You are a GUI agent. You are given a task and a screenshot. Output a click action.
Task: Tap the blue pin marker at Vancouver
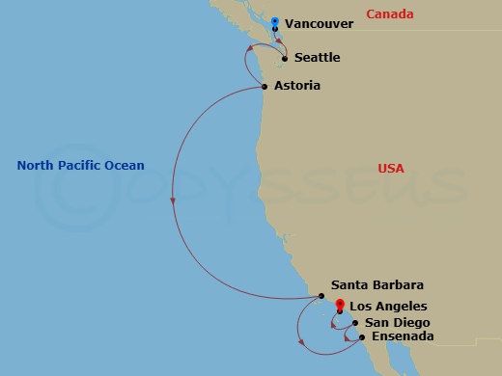tap(275, 22)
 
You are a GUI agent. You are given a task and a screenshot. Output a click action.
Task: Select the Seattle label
tap(317, 58)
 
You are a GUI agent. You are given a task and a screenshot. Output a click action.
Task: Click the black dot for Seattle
tap(285, 59)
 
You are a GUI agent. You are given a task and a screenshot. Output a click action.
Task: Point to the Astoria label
tap(296, 86)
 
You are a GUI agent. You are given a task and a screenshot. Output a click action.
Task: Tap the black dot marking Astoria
tap(265, 87)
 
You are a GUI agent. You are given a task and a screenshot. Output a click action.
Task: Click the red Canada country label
tap(390, 14)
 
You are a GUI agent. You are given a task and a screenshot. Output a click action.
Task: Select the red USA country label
tap(390, 169)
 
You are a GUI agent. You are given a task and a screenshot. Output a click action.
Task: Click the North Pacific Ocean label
tap(80, 166)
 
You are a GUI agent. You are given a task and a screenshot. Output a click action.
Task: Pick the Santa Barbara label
tap(376, 285)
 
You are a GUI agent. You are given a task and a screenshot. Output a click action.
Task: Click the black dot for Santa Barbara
tap(321, 296)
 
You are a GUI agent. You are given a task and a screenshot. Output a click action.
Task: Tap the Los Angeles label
tap(387, 306)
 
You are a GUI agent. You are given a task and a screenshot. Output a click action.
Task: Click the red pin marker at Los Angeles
tap(340, 306)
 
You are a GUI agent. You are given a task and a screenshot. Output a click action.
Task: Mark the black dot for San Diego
tap(355, 323)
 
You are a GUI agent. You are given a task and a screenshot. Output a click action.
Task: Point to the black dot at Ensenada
tap(361, 337)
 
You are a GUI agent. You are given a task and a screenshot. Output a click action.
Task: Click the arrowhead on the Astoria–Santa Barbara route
tap(173, 201)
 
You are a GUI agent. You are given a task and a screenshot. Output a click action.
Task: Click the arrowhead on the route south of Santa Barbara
tap(301, 342)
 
